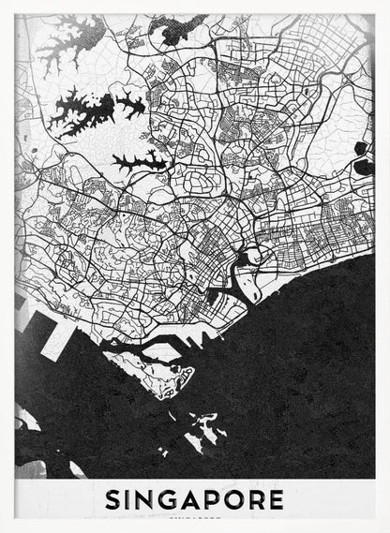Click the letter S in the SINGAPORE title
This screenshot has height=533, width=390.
click(114, 499)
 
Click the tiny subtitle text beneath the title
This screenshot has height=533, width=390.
click(195, 516)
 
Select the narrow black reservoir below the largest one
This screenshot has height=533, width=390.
click(141, 161)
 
